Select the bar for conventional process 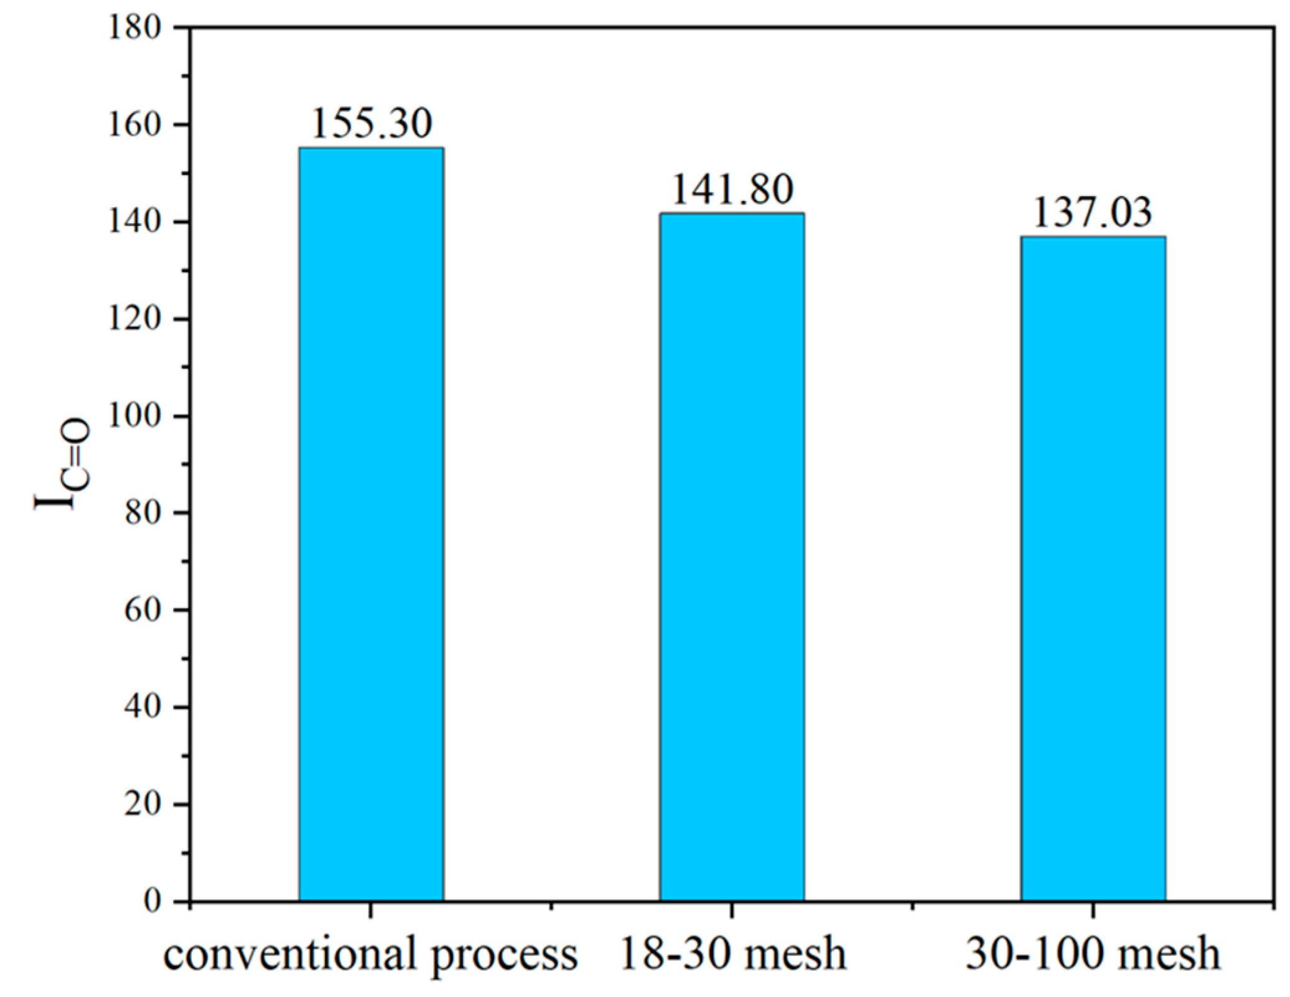371,524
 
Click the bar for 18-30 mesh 732,557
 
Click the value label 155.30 371,123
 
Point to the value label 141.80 732,189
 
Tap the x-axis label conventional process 371,954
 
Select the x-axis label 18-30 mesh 733,954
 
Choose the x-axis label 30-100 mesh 1093,954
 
